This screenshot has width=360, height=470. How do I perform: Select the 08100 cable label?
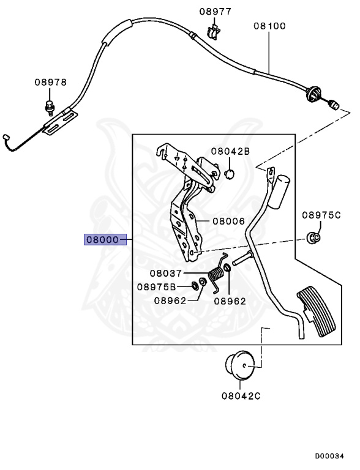click(x=270, y=26)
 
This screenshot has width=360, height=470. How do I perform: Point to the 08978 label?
click(x=50, y=83)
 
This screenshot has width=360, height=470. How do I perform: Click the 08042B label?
click(x=231, y=151)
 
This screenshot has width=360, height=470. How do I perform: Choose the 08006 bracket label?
click(x=212, y=222)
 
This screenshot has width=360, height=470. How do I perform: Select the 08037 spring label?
click(x=167, y=274)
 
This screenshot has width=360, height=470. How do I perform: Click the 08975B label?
click(x=156, y=286)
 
